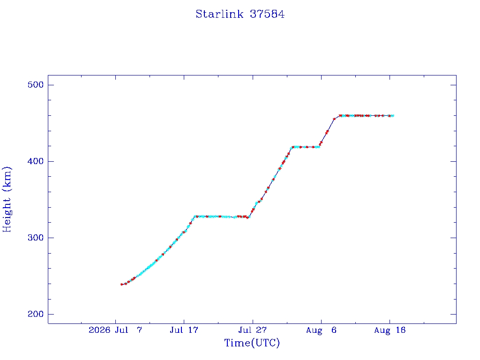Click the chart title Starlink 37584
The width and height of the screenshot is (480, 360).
pyautogui.click(x=240, y=14)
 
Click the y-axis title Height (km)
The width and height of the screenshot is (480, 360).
pyautogui.click(x=7, y=199)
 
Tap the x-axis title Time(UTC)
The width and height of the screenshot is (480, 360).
pyautogui.click(x=252, y=343)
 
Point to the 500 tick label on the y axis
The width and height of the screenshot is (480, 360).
pyautogui.click(x=36, y=85)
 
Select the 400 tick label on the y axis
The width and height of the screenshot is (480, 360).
pyautogui.click(x=36, y=161)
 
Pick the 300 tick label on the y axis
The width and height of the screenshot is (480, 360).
pyautogui.click(x=36, y=238)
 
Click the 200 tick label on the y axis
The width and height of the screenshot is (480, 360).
pyautogui.click(x=36, y=314)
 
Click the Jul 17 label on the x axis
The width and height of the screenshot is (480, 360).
pyautogui.click(x=184, y=330)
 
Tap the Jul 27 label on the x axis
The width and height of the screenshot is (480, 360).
pyautogui.click(x=253, y=330)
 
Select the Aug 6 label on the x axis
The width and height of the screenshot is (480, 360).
pyautogui.click(x=321, y=330)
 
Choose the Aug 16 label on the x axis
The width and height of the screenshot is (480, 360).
pyautogui.click(x=390, y=330)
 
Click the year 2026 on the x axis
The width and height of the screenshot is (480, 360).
pyautogui.click(x=99, y=330)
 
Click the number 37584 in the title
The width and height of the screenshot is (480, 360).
pyautogui.click(x=267, y=14)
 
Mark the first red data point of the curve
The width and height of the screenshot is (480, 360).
pyautogui.click(x=122, y=285)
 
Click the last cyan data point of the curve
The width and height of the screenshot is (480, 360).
pyautogui.click(x=393, y=116)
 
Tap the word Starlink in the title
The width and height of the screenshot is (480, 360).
pyautogui.click(x=219, y=14)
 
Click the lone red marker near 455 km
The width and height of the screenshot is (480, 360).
pyautogui.click(x=334, y=119)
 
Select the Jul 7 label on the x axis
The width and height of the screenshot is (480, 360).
pyautogui.click(x=128, y=330)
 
